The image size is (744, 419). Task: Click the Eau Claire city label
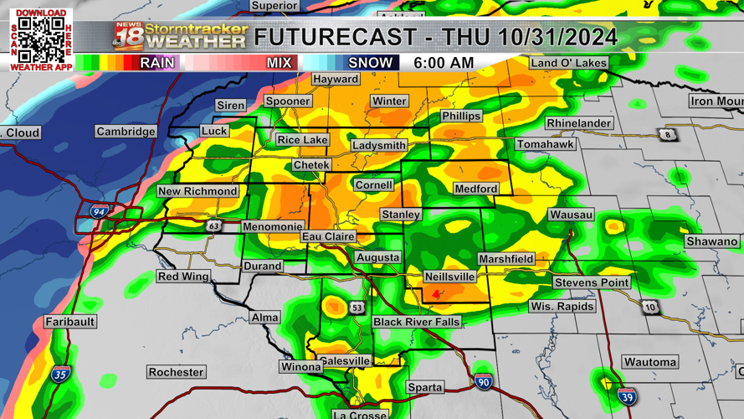(x=328, y=237)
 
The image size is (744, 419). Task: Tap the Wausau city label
(x=572, y=215)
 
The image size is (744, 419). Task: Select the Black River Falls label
(x=416, y=322)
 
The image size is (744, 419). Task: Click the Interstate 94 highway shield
(x=99, y=213)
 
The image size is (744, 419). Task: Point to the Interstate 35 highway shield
(x=59, y=375)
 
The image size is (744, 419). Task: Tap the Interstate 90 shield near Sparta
(x=483, y=381)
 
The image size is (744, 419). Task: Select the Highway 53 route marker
(x=357, y=308)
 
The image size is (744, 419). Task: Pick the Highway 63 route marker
(x=214, y=225)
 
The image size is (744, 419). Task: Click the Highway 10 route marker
(x=650, y=308)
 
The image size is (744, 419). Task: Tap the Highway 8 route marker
(x=667, y=135)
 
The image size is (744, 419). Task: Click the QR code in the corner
(x=41, y=38)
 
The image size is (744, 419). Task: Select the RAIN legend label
(x=156, y=63)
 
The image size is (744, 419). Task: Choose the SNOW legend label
(x=370, y=63)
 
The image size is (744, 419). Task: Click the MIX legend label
(x=279, y=63)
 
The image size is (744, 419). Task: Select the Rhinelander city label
(x=578, y=123)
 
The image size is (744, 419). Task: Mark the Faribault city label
(x=70, y=322)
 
